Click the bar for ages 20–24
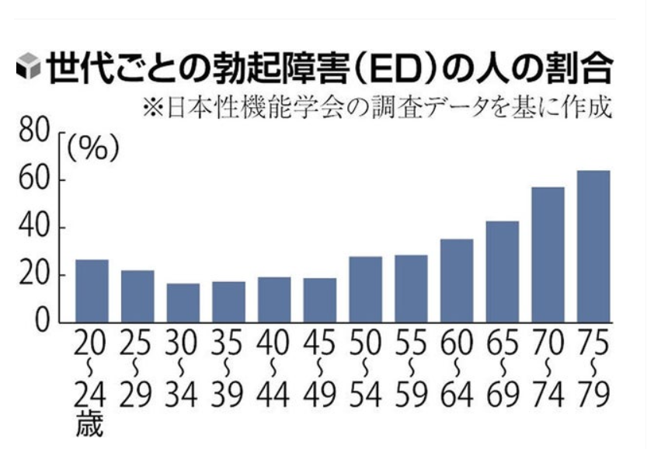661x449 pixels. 92,291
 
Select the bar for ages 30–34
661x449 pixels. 183,302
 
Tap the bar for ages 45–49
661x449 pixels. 319,300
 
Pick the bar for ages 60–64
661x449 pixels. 457,280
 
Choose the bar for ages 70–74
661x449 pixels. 548,254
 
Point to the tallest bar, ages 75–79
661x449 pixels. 593,245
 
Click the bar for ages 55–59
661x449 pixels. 411,288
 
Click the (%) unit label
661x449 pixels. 92,148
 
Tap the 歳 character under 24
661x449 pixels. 91,425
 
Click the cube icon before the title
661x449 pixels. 28,69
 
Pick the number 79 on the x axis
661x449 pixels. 593,396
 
